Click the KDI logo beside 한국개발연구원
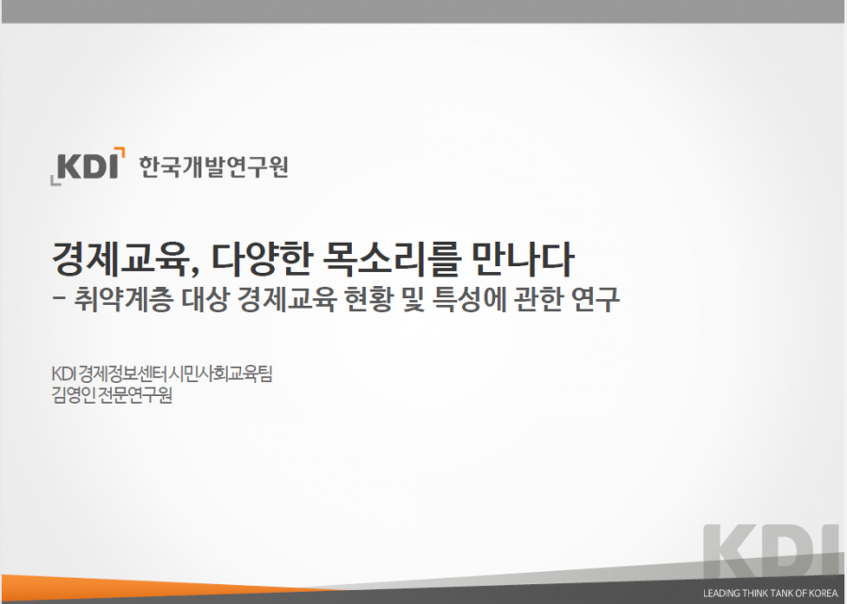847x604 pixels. coord(88,166)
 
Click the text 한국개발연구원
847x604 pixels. coord(213,167)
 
